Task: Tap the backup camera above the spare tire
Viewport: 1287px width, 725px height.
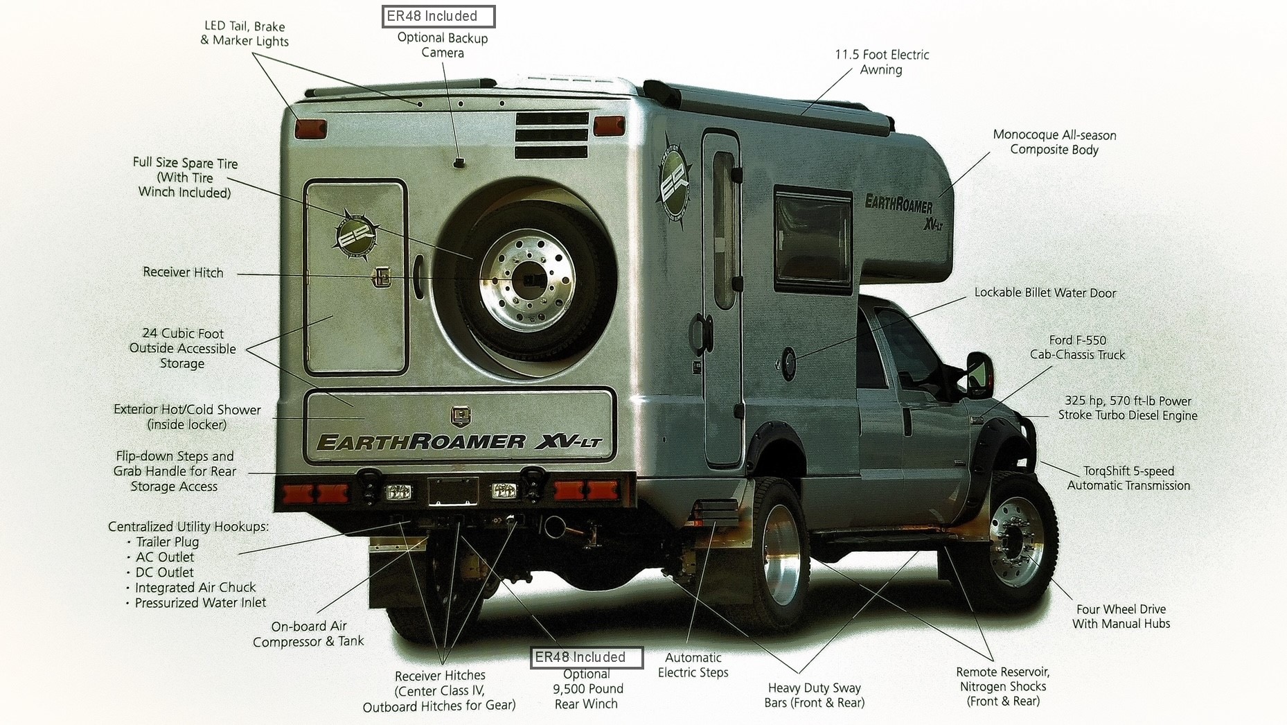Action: point(459,162)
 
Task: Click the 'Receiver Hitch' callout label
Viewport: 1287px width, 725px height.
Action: point(183,272)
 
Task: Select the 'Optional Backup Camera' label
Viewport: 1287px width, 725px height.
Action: point(443,45)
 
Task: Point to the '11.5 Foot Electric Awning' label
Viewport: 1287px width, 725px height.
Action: point(882,62)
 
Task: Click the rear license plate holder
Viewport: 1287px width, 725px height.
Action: point(452,491)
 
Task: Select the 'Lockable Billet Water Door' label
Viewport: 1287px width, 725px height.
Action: point(1045,292)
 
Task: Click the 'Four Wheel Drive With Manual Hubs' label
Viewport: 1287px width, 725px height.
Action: point(1121,616)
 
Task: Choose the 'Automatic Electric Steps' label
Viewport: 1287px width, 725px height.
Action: point(693,665)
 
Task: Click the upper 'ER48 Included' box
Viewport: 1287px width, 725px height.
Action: point(438,16)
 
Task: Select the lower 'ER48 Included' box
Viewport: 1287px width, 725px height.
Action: point(586,657)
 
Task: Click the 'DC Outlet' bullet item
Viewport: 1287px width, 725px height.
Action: point(164,572)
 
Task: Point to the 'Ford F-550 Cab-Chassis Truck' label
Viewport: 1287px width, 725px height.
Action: point(1077,347)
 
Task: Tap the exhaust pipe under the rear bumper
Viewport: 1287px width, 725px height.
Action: point(553,527)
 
